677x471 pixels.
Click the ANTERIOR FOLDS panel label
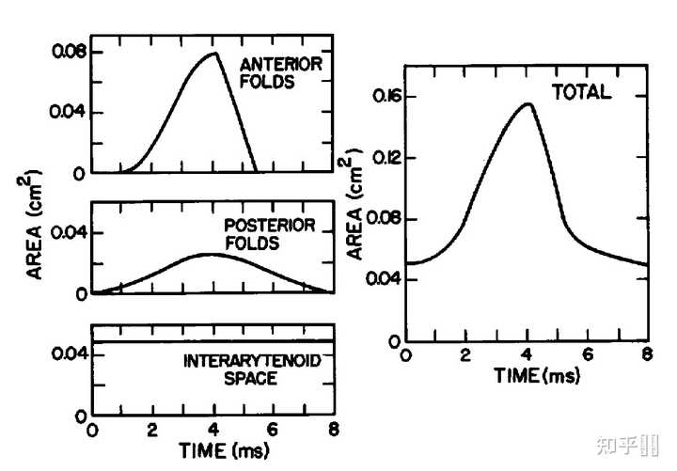pyautogui.click(x=280, y=72)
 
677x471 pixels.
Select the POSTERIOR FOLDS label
pyautogui.click(x=270, y=234)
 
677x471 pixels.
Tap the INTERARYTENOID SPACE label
pyautogui.click(x=252, y=369)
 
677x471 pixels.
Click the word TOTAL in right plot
pyautogui.click(x=581, y=92)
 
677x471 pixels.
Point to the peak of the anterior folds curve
pyautogui.click(x=215, y=53)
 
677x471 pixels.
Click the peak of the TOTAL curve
pyautogui.click(x=527, y=103)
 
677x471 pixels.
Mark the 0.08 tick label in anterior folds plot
pyautogui.click(x=69, y=52)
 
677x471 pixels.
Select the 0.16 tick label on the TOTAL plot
pyautogui.click(x=386, y=96)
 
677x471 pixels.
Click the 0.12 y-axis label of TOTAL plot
pyautogui.click(x=386, y=158)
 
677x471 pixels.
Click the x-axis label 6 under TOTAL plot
pyautogui.click(x=588, y=354)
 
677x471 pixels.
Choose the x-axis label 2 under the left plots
pyautogui.click(x=152, y=430)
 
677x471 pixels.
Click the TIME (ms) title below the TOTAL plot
pyautogui.click(x=537, y=376)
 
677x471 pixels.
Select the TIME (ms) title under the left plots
pyautogui.click(x=224, y=450)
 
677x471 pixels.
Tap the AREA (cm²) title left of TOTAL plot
pyautogui.click(x=354, y=204)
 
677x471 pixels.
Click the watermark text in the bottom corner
pyautogui.click(x=628, y=445)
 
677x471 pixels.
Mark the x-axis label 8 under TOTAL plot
pyautogui.click(x=647, y=354)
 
